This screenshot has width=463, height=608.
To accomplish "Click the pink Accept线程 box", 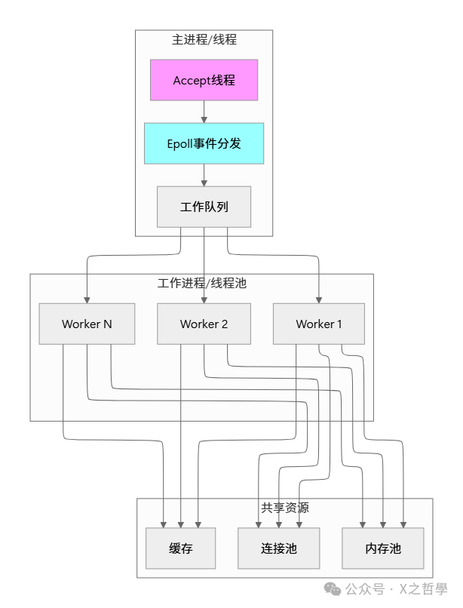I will (204, 80).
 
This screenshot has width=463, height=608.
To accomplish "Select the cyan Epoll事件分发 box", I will (204, 143).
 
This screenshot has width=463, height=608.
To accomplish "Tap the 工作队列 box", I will (204, 207).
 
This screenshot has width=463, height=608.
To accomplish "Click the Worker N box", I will (87, 324).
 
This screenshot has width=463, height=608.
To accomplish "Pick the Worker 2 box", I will (204, 324).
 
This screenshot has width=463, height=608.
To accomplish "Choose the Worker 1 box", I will (319, 324).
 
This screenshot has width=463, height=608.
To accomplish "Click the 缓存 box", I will (180, 548).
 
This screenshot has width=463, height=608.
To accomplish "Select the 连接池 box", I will (279, 548).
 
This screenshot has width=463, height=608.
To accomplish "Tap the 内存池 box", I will (383, 548).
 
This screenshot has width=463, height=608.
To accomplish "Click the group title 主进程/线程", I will (204, 39).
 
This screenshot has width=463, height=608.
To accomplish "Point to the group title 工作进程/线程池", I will (201, 284).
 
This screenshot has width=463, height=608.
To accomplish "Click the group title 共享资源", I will (284, 508).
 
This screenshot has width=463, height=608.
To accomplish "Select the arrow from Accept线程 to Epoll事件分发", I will (204, 111).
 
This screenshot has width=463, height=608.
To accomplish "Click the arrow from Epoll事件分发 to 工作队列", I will (204, 174).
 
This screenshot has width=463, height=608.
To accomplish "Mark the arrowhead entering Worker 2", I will (204, 299).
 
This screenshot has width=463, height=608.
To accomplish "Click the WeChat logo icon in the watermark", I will (333, 588).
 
